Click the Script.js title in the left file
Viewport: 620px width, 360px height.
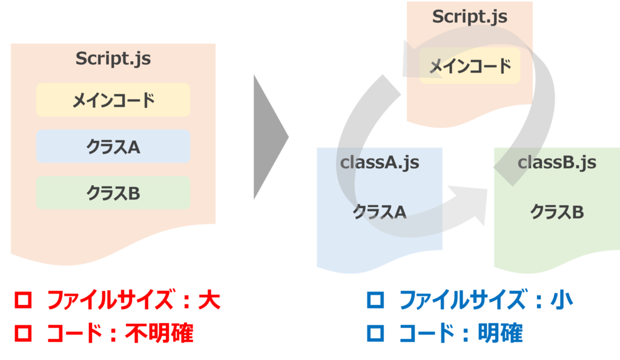tap(113, 59)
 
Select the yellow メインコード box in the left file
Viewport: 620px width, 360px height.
tap(113, 100)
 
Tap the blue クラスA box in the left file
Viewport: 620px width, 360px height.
tap(113, 146)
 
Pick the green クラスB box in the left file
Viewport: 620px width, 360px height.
tap(113, 193)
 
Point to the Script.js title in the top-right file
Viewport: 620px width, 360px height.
tap(469, 17)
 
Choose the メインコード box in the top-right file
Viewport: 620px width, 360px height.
tap(470, 67)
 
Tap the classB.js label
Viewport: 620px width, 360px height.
tap(556, 162)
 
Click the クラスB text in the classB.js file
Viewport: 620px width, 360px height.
tap(557, 212)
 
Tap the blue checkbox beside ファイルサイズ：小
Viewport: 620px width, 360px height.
tap(376, 301)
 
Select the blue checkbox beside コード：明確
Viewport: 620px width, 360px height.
tap(376, 332)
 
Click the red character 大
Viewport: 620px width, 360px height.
tap(209, 301)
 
